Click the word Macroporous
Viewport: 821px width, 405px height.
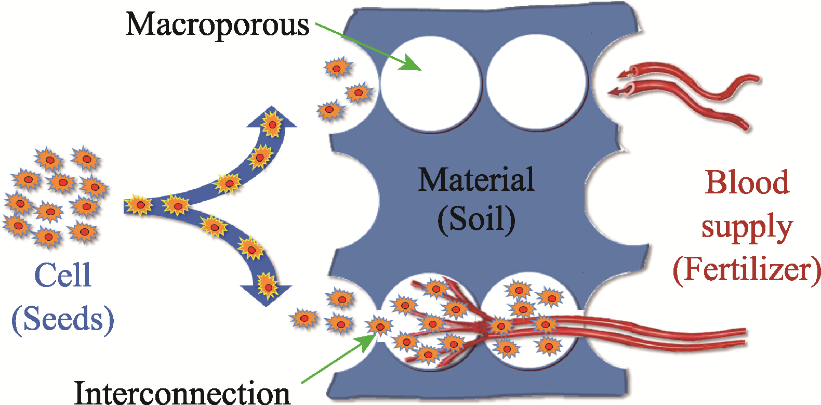217,25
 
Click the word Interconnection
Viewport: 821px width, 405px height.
182,393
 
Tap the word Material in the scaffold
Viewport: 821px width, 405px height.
476,179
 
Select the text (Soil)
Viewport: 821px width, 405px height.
476,218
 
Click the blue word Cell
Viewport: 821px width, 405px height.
62,275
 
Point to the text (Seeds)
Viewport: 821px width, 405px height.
63,319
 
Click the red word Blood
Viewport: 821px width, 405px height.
747,182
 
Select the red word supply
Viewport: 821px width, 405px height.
747,227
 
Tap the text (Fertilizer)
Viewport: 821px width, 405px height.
746,270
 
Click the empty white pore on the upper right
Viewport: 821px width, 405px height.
536,82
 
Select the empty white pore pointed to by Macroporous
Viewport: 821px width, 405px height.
431,84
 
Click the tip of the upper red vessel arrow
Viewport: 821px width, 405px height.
617,76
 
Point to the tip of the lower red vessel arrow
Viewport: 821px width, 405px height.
608,93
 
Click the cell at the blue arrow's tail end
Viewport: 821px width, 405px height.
139,205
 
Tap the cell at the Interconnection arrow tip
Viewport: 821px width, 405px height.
380,326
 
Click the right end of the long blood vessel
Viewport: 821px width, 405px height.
745,337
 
